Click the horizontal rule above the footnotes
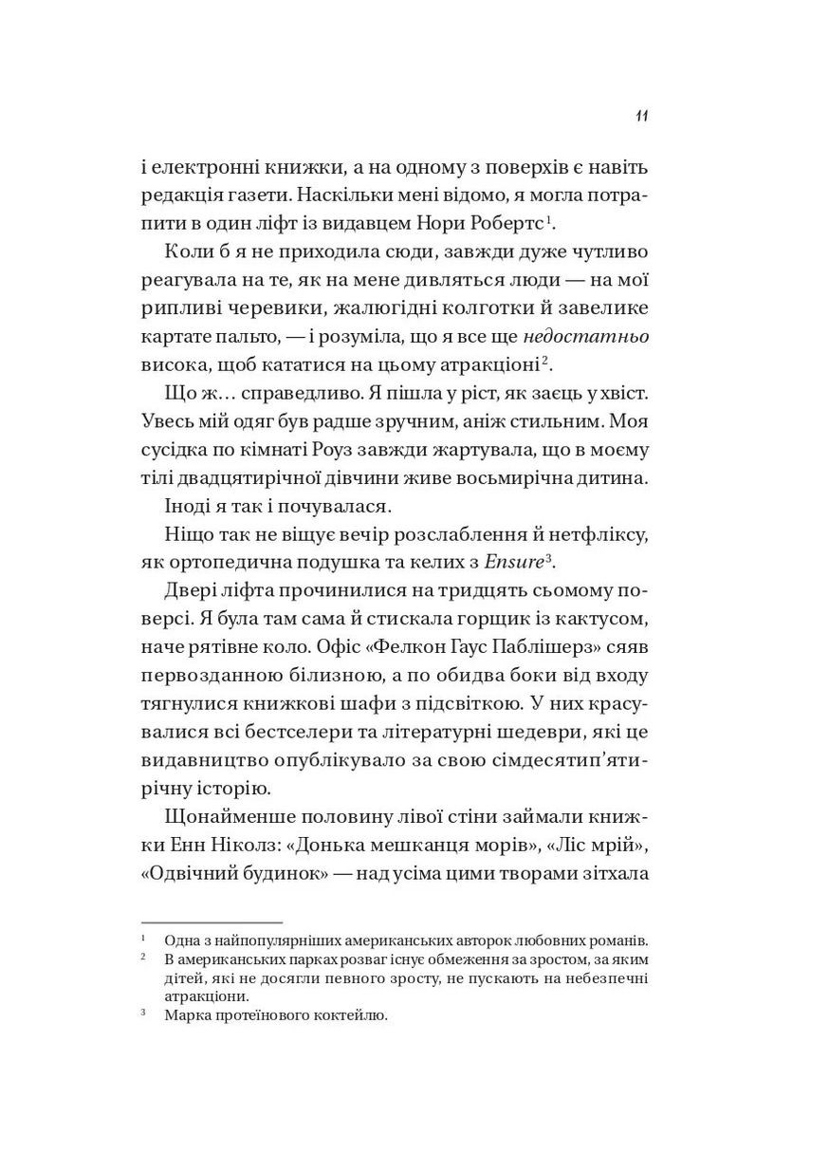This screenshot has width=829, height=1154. point(212,922)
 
